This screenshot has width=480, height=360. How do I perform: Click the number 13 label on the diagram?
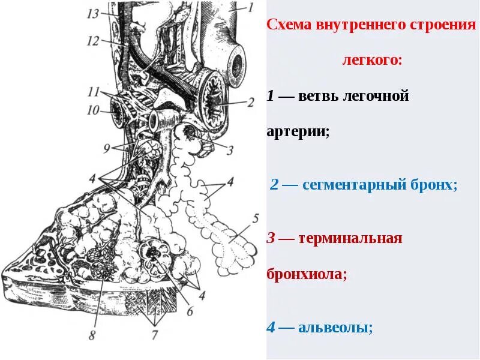92,13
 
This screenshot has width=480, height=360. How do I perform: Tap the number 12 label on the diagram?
92,41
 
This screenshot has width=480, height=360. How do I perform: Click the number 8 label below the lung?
92,335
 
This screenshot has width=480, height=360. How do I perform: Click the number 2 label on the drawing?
251,101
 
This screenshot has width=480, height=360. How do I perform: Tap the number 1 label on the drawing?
251,8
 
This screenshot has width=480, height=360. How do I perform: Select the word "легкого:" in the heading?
372,61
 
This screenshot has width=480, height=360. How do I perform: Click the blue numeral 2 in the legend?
274,185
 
